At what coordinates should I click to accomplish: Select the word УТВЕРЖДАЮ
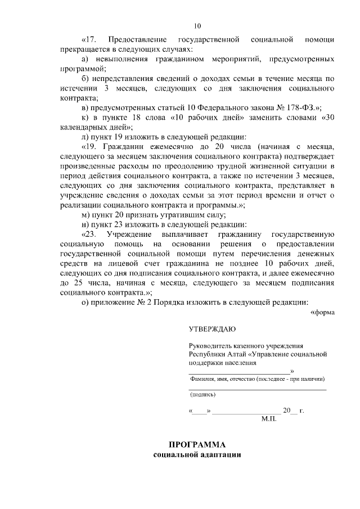pos(212,329)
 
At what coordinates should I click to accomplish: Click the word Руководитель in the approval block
pos(210,347)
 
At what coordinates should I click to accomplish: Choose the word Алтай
pos(236,355)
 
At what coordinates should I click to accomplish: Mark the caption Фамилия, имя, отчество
pos(223,379)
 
